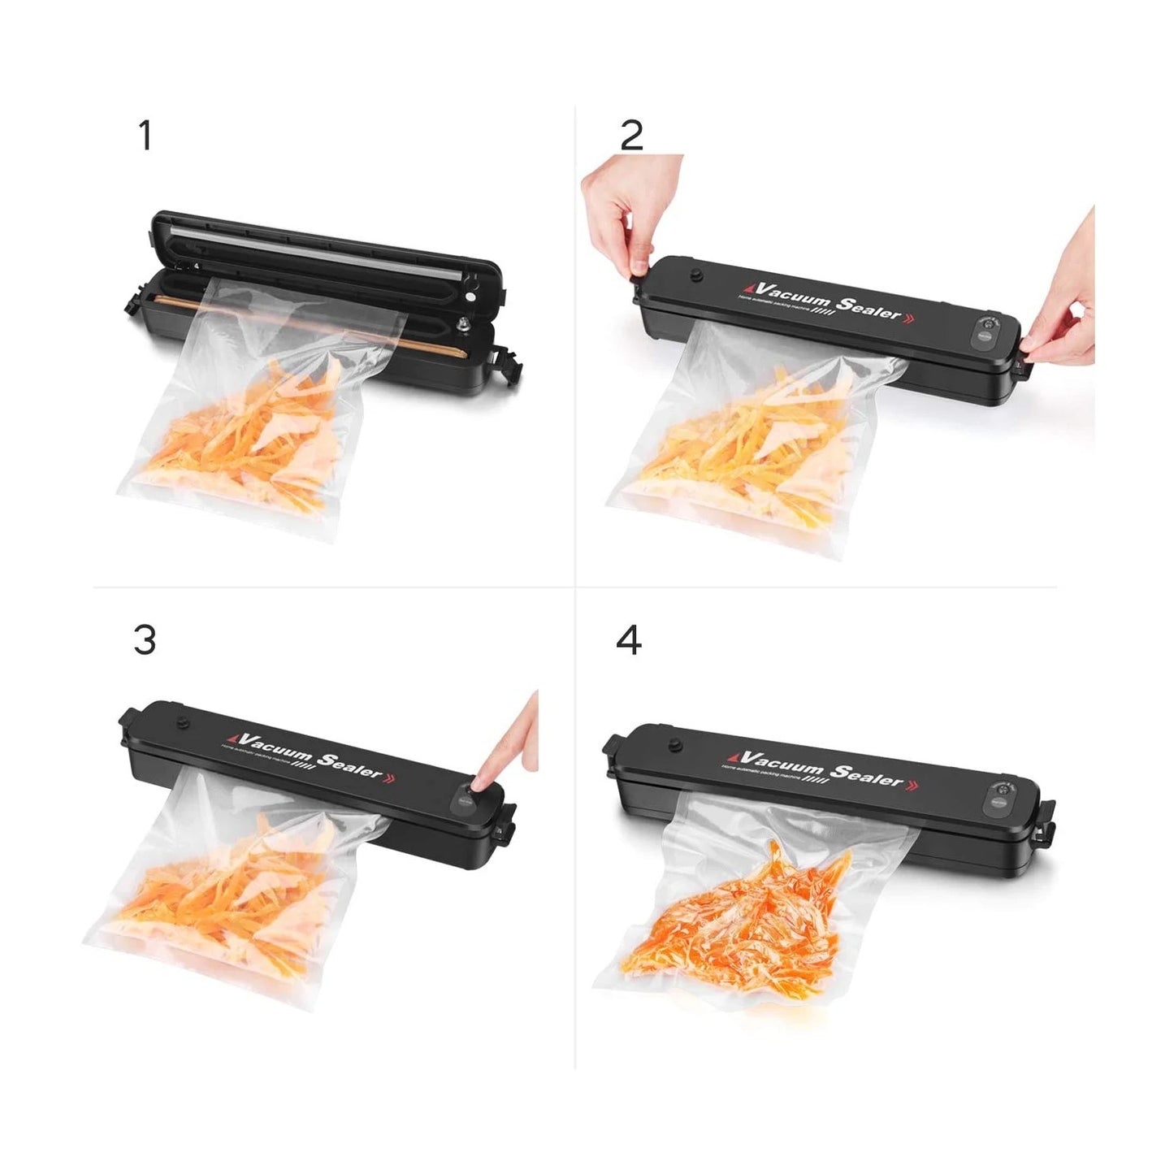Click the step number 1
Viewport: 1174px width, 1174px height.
point(145,136)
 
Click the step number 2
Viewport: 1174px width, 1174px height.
point(631,136)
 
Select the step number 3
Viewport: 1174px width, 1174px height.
point(145,640)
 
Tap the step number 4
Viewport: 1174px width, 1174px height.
point(629,640)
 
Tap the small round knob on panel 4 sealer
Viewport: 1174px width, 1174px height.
point(674,746)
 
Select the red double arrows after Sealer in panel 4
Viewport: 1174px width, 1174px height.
point(915,785)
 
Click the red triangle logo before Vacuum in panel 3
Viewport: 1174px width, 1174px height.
point(233,738)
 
